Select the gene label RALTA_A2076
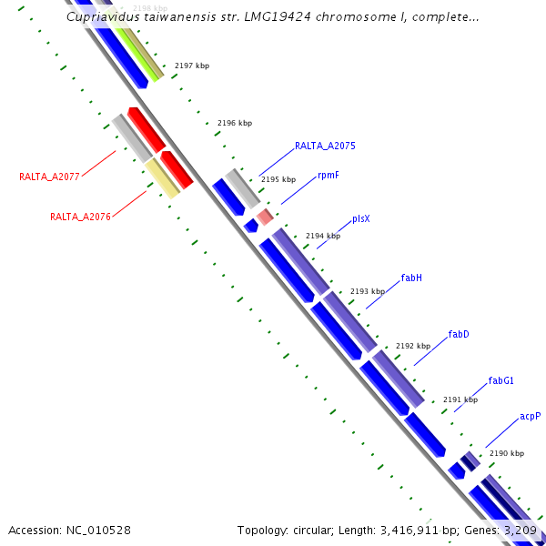tap(80, 217)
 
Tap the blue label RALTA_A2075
tap(325, 146)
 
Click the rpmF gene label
tap(329, 175)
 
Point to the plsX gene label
tap(361, 219)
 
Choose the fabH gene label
tap(411, 278)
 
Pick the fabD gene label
tap(459, 334)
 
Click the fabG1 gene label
tap(501, 380)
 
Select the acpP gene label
tap(530, 416)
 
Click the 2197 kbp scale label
tap(192, 66)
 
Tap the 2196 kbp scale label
tap(235, 123)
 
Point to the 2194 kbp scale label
tap(322, 236)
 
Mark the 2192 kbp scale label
tap(412, 346)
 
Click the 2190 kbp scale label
tap(506, 453)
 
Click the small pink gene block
tap(265, 217)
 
